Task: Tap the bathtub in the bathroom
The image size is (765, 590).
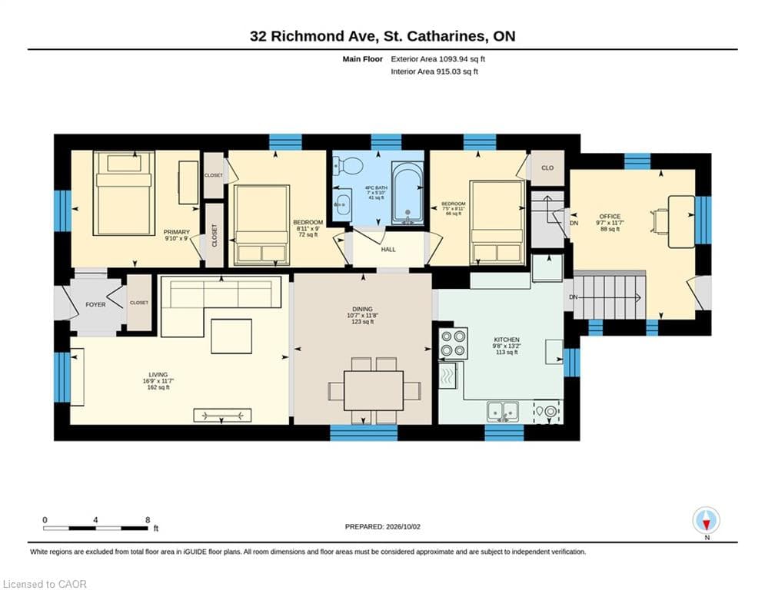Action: point(407,194)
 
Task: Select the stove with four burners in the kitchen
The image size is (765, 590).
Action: point(454,343)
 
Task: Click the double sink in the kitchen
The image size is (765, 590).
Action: point(503,411)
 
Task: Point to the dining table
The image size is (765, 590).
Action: point(374,390)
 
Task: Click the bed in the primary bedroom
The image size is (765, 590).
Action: point(124,193)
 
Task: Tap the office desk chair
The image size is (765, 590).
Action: point(660,221)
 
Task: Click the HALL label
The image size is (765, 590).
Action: point(388,250)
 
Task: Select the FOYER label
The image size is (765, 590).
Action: point(95,305)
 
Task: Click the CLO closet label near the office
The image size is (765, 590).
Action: point(547,167)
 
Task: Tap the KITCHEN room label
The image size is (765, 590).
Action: point(507,340)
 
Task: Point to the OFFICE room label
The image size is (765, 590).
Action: point(610,217)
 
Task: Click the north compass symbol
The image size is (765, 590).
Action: point(706,521)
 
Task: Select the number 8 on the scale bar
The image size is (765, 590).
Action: point(148,520)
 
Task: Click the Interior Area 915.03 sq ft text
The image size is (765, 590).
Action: point(434,71)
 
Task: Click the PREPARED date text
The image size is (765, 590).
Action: point(383,526)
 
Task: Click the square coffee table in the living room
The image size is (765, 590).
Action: point(231,336)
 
